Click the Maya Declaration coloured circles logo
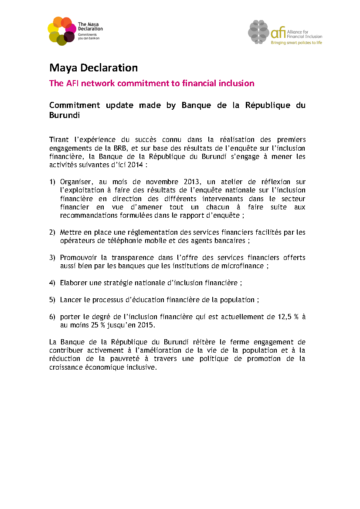click(61, 30)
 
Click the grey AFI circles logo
click(259, 32)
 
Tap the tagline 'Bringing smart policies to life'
click(296, 43)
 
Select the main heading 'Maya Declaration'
click(93, 68)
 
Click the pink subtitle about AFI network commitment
click(152, 83)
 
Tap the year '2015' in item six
click(145, 325)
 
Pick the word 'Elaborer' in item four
click(73, 283)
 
